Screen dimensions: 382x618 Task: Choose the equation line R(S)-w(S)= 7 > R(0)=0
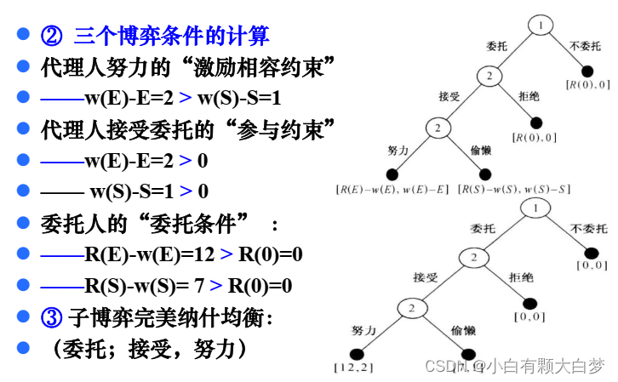point(166,287)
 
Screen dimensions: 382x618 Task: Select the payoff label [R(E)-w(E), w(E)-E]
point(392,188)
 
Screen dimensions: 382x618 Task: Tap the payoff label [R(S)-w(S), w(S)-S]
point(513,188)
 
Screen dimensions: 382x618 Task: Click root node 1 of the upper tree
point(540,26)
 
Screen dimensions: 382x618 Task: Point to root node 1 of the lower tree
point(534,207)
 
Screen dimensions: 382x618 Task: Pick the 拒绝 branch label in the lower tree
point(522,277)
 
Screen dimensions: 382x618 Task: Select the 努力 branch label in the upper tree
point(399,150)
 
